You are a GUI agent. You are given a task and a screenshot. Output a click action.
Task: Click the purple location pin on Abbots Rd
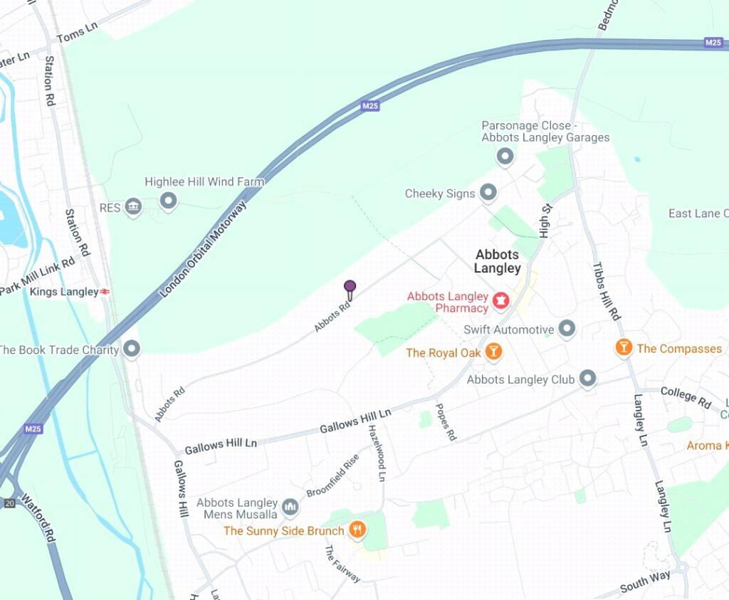click(350, 288)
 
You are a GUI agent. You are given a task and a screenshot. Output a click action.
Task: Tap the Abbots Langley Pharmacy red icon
click(502, 302)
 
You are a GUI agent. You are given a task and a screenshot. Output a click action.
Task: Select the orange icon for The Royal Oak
click(493, 352)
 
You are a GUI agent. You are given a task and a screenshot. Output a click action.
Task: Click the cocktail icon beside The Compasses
click(624, 347)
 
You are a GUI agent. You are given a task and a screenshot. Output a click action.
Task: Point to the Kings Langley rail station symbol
click(105, 292)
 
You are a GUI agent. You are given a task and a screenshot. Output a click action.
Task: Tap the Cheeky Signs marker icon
click(488, 192)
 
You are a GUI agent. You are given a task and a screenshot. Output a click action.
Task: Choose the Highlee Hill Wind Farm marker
click(168, 201)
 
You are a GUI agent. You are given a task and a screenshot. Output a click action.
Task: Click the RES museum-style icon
click(132, 207)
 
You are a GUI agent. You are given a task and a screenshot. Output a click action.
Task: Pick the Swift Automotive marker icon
click(567, 329)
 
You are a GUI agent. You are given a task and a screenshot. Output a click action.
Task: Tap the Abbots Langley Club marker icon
click(587, 379)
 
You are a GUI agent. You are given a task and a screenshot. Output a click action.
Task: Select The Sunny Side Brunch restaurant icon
click(357, 530)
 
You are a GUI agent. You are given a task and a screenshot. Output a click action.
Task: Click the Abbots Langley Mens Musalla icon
click(289, 507)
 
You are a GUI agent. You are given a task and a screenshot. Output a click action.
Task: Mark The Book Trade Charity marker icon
click(132, 349)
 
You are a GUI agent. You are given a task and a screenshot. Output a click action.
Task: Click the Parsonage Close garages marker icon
click(505, 156)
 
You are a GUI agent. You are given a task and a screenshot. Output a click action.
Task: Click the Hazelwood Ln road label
click(377, 453)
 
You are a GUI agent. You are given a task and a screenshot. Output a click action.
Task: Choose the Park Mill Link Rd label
click(38, 276)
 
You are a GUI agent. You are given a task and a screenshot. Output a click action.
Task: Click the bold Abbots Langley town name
click(498, 261)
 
